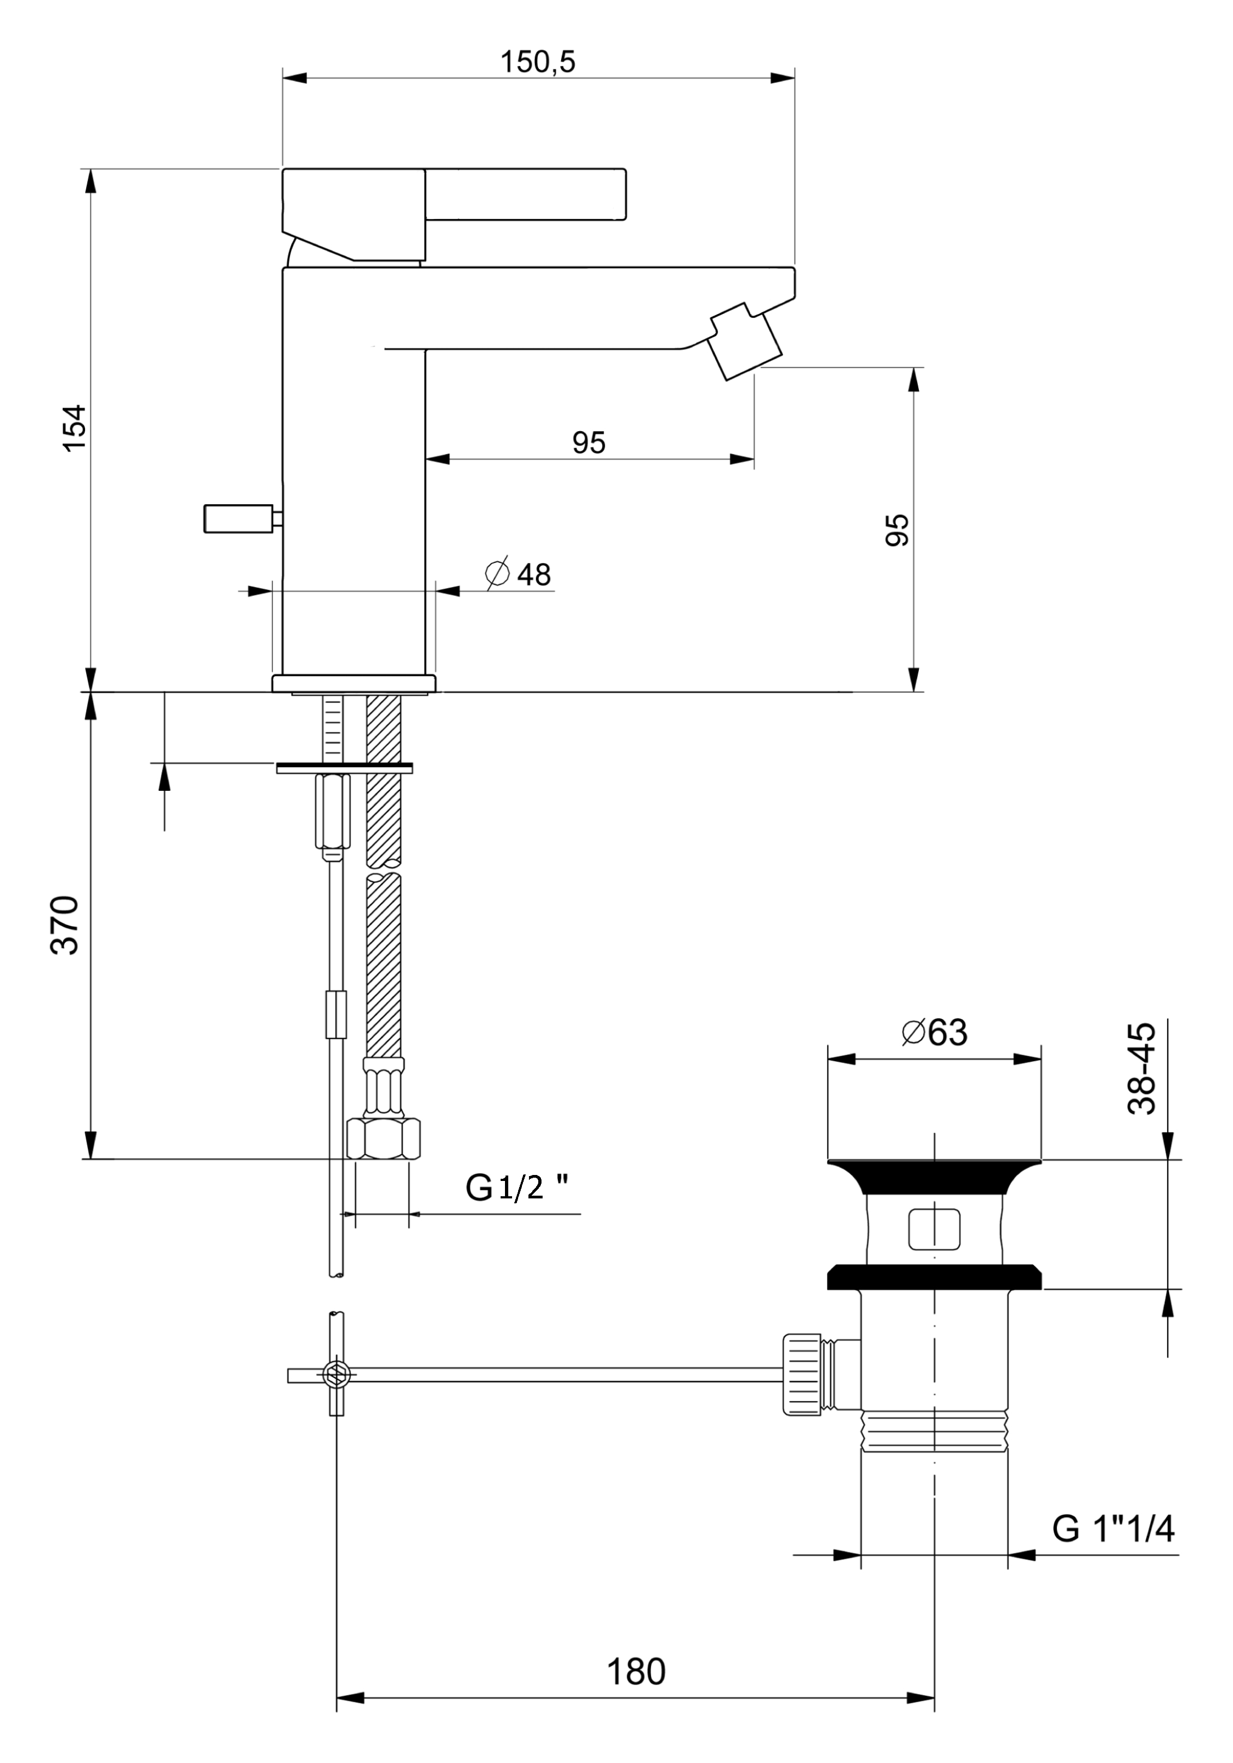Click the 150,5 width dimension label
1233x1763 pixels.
click(x=537, y=62)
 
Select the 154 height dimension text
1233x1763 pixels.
click(x=75, y=428)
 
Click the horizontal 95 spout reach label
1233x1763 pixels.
click(x=588, y=443)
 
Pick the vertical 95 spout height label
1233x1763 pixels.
click(x=897, y=530)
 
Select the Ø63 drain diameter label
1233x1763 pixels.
click(x=934, y=1033)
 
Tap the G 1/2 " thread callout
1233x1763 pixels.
click(x=516, y=1187)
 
